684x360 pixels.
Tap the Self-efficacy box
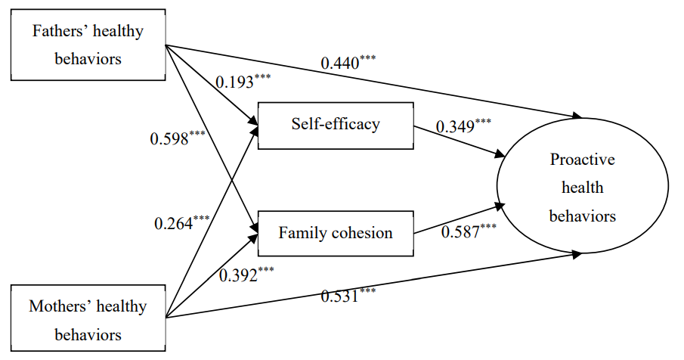pyautogui.click(x=336, y=125)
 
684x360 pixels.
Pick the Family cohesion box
pyautogui.click(x=336, y=232)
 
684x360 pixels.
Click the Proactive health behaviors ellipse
pyautogui.click(x=582, y=188)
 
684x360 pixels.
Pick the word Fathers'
pyautogui.click(x=57, y=32)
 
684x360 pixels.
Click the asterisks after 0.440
pyautogui.click(x=367, y=58)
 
